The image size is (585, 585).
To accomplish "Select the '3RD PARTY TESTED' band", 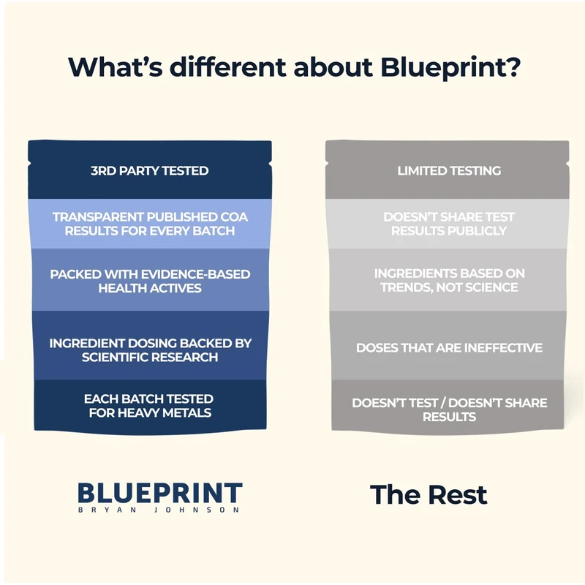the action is (x=150, y=171).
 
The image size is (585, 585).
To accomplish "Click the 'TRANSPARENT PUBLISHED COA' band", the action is (x=150, y=224).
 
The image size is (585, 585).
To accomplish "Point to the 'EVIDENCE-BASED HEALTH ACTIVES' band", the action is (x=150, y=281).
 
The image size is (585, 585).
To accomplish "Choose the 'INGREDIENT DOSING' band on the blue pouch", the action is (x=150, y=350).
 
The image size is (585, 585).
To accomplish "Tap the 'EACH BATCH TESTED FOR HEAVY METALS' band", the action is (x=150, y=406).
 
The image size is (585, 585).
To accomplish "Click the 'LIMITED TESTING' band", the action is (x=449, y=171).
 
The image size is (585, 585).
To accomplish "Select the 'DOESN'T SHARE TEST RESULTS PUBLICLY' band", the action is (x=449, y=224).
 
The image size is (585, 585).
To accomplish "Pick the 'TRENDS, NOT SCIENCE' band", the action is (x=449, y=281).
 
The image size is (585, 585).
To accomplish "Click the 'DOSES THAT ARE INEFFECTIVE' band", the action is (x=449, y=347).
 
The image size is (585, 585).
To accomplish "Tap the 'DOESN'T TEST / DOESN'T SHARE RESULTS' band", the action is (x=449, y=409).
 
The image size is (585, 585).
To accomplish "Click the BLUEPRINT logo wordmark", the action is (x=159, y=492).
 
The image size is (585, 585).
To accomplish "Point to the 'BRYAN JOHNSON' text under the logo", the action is (x=159, y=510).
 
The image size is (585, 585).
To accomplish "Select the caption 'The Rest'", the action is (x=428, y=495).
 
